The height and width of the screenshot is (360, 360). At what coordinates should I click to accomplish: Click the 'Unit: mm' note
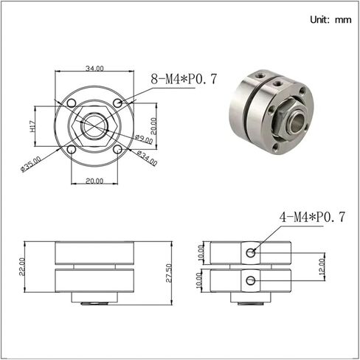330,20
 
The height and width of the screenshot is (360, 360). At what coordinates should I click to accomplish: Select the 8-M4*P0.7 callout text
184,79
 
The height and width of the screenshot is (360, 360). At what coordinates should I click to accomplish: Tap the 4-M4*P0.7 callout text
312,217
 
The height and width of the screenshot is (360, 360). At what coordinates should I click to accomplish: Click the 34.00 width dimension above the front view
94,69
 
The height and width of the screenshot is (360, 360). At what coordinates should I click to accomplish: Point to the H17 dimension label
33,127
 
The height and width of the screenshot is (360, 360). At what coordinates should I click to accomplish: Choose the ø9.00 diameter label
144,139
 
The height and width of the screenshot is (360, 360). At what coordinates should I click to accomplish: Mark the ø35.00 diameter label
31,164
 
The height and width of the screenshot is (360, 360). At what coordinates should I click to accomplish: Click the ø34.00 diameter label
147,158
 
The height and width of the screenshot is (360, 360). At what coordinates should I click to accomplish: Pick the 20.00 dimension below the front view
94,181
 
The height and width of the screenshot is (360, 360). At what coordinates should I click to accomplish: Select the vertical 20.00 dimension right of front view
153,126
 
